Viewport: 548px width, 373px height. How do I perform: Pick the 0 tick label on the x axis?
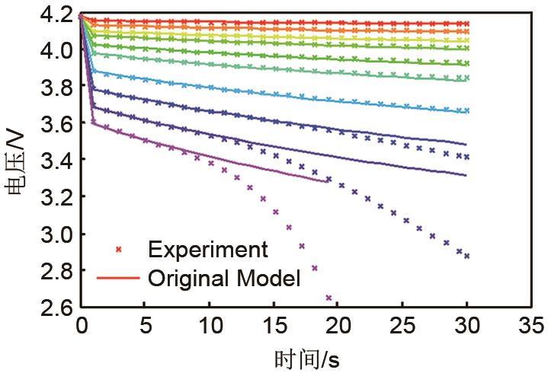[82, 327]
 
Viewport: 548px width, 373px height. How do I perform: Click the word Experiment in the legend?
[209, 249]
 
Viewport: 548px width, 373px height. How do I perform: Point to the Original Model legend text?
[225, 278]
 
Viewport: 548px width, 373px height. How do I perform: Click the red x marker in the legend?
[118, 250]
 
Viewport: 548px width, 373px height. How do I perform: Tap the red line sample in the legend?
[118, 278]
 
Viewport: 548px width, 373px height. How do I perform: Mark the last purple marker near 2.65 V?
[328, 298]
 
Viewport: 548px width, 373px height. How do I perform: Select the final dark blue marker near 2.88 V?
[466, 256]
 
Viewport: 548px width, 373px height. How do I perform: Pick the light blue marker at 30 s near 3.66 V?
[466, 111]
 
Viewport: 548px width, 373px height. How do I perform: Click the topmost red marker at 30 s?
[466, 24]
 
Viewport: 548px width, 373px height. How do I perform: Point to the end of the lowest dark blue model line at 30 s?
[466, 175]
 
